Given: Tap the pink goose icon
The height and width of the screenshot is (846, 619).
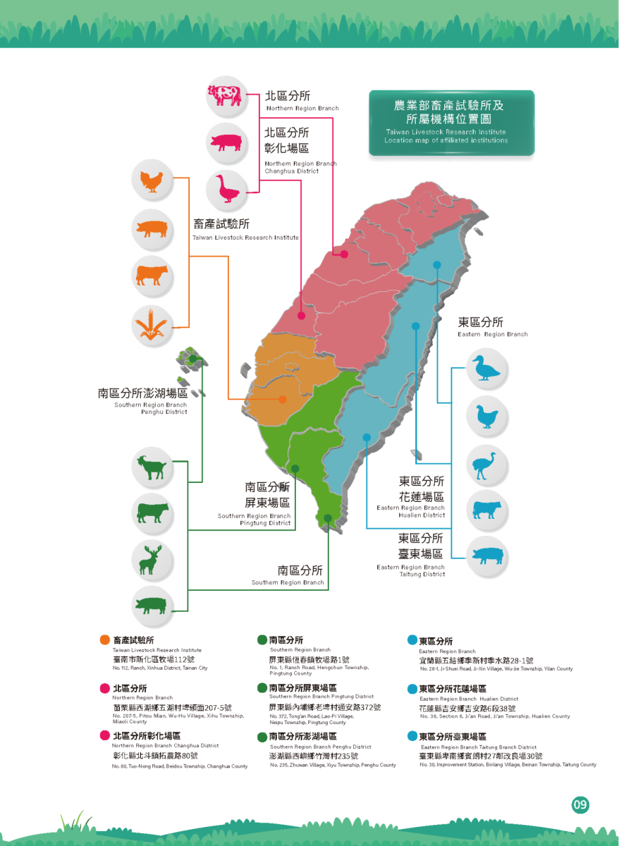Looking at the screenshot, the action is click(226, 188).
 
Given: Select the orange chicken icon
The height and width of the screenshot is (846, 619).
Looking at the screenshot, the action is click(152, 183).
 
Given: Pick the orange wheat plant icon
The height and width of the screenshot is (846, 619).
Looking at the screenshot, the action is click(152, 323).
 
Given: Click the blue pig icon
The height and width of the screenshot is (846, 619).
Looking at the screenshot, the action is click(486, 554).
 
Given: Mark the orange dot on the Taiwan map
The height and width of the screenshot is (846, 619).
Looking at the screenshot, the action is click(283, 399).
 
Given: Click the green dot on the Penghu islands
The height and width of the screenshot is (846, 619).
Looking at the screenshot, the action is click(192, 359).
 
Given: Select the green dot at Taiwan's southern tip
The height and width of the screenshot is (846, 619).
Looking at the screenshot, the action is click(328, 518).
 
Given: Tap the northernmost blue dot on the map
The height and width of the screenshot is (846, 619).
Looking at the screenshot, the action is click(437, 265).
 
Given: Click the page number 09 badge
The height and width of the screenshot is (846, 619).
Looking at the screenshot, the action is click(580, 804).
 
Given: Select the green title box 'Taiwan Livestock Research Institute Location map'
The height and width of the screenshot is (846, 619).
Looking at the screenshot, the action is click(451, 123).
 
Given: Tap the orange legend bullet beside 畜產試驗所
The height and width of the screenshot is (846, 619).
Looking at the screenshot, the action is click(105, 640).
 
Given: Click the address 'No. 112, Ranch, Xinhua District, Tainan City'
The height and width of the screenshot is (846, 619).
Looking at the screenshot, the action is click(160, 668).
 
